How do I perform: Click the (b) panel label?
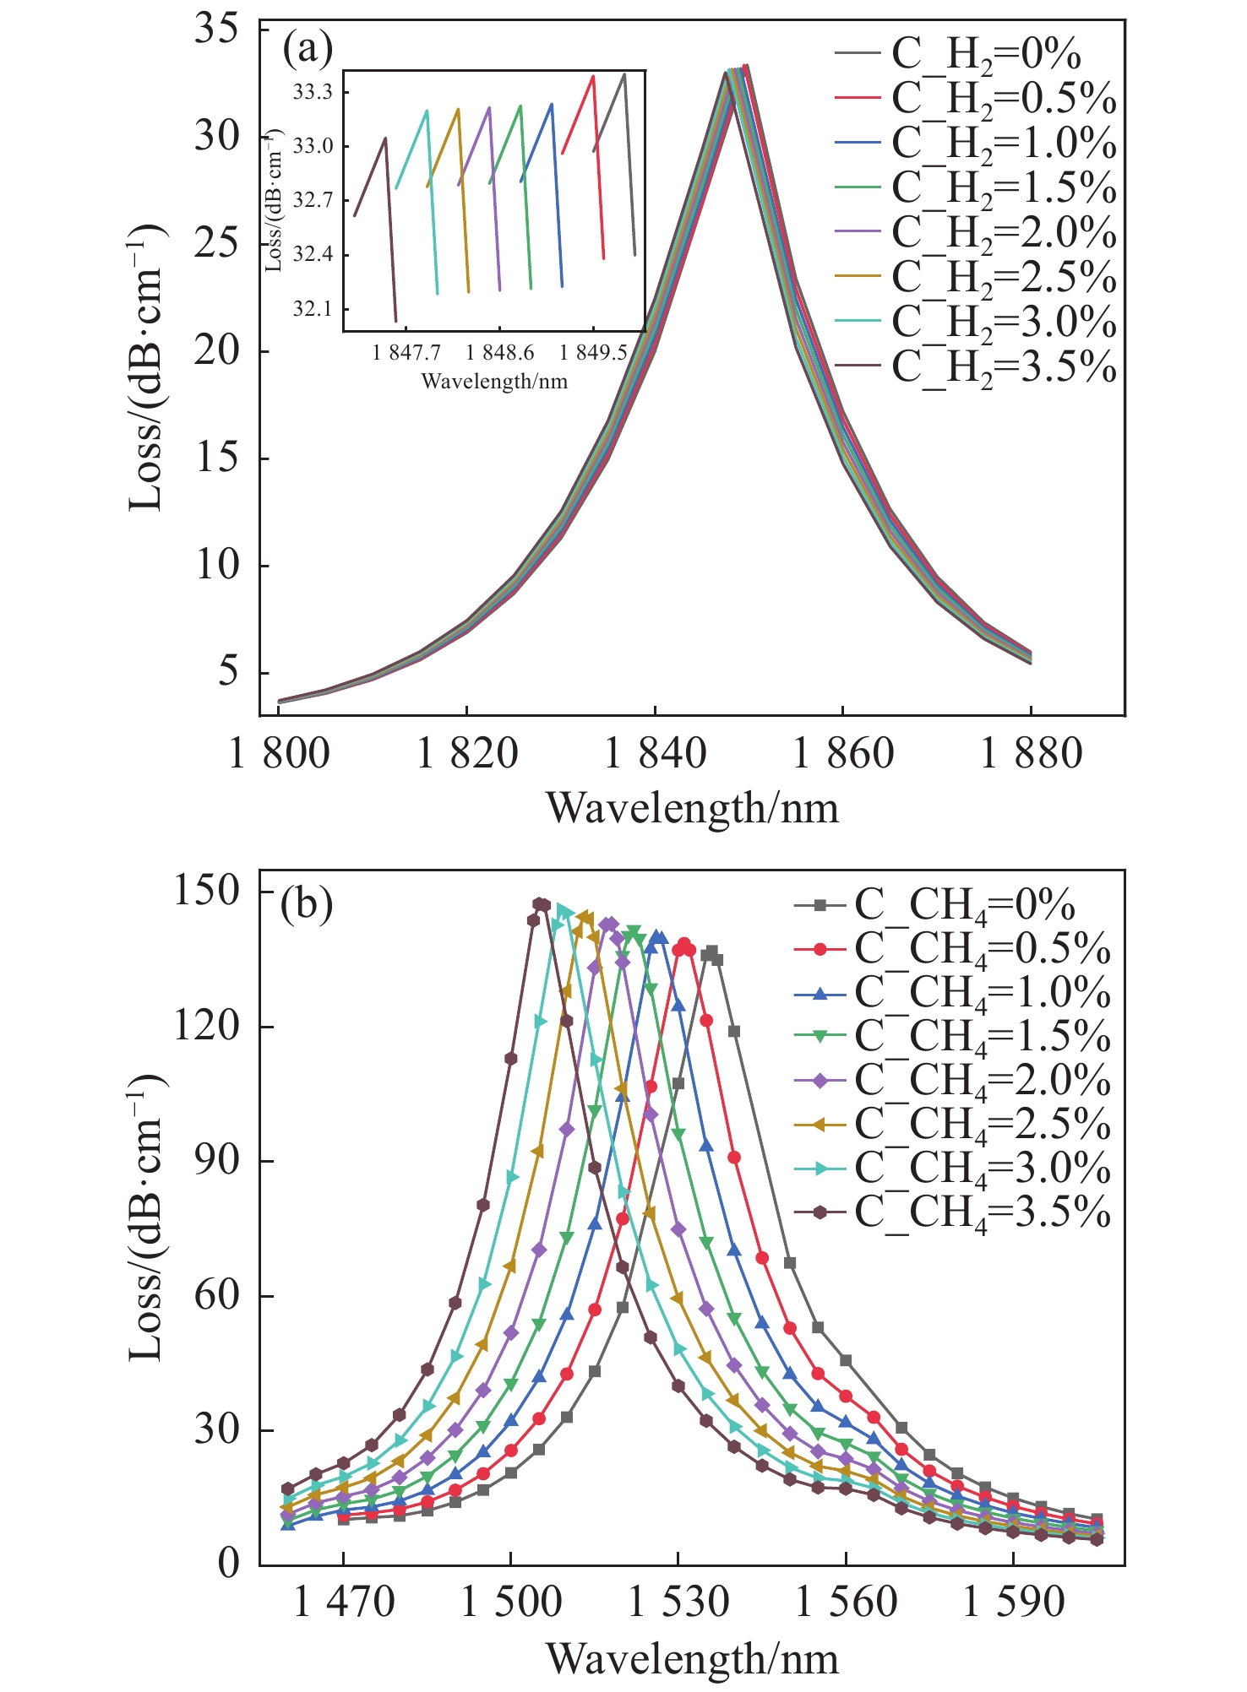(307, 906)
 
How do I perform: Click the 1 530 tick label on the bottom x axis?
(678, 1603)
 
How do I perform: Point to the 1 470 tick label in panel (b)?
(344, 1603)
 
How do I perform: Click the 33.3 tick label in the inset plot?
(313, 92)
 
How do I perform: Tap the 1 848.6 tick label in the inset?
(499, 354)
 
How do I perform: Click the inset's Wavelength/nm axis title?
(494, 382)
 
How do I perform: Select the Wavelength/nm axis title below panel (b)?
(692, 1659)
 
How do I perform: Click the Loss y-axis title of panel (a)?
(145, 367)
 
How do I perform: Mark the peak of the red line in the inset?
(593, 76)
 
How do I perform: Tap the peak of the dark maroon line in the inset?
(385, 138)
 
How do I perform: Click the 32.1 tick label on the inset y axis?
(313, 309)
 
